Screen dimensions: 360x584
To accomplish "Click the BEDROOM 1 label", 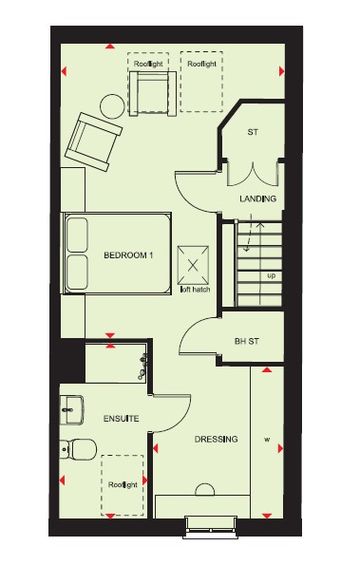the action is point(128,255).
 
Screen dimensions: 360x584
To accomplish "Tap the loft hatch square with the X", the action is point(193,265).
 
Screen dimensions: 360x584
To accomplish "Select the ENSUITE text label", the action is point(122,419).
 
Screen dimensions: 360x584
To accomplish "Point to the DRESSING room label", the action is point(217,439).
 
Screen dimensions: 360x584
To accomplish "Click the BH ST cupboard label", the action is point(247,341).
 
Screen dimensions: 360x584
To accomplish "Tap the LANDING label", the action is point(257,198).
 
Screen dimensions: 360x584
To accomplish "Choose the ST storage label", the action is point(253,132).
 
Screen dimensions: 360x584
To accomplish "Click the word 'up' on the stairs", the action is point(272,276).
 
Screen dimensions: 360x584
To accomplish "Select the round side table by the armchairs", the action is point(112,106).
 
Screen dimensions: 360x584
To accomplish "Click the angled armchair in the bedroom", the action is point(93,141).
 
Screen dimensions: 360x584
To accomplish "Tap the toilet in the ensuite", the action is point(78,448).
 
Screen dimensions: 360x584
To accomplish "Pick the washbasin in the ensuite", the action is point(71,410).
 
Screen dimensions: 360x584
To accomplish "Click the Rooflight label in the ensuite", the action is point(123,485).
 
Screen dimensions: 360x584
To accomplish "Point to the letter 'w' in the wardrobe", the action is point(267,440).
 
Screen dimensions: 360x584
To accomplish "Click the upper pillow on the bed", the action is point(77,235).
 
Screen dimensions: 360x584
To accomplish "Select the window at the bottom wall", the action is point(211,527).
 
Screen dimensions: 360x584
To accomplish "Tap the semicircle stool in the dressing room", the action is point(204,489).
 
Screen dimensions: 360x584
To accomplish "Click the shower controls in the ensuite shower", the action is point(142,367).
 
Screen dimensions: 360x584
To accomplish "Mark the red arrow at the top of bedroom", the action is point(110,47).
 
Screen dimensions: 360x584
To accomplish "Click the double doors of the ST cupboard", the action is point(253,174).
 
